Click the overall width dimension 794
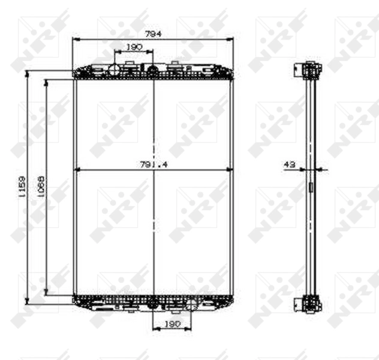coord(154,34)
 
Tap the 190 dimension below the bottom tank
coord(172,324)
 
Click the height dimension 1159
coord(22,186)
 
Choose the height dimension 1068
coord(41,186)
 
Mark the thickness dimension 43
coord(291,164)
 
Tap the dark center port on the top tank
coord(153,71)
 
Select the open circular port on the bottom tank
coord(191,304)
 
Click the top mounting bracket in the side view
coord(310,70)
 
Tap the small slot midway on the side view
coord(311,187)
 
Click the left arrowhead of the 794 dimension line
coord(75,40)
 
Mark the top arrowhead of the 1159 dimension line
coord(27,73)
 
